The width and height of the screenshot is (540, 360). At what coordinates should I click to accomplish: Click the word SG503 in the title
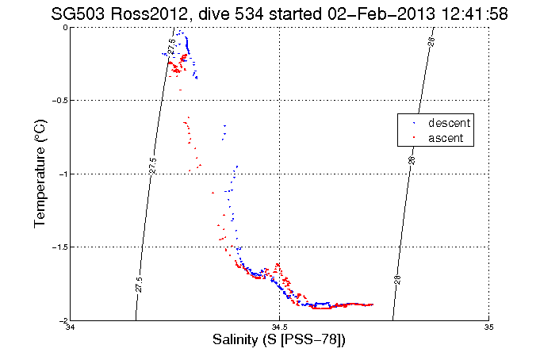tap(77, 13)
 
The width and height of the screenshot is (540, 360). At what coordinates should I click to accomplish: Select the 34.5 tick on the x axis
tap(280, 328)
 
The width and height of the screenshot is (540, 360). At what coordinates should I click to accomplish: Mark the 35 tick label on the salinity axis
tap(489, 328)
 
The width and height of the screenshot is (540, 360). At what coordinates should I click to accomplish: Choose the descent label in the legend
tap(449, 124)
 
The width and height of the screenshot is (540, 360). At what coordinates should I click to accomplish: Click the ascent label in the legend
tap(446, 138)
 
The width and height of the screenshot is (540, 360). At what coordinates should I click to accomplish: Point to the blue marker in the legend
tap(414, 124)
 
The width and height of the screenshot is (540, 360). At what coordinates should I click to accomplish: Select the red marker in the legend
tap(414, 139)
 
